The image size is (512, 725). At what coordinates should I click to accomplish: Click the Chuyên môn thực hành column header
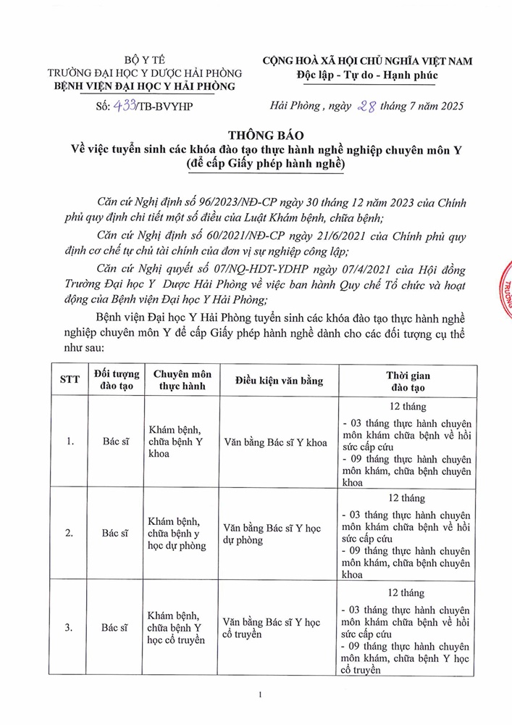pos(182,381)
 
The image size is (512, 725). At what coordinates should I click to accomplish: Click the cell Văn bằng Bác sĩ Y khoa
pos(275,442)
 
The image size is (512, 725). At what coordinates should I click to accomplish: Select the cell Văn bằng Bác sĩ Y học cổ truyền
pos(272,628)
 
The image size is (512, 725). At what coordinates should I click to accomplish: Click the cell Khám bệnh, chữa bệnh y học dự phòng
pos(177,533)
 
